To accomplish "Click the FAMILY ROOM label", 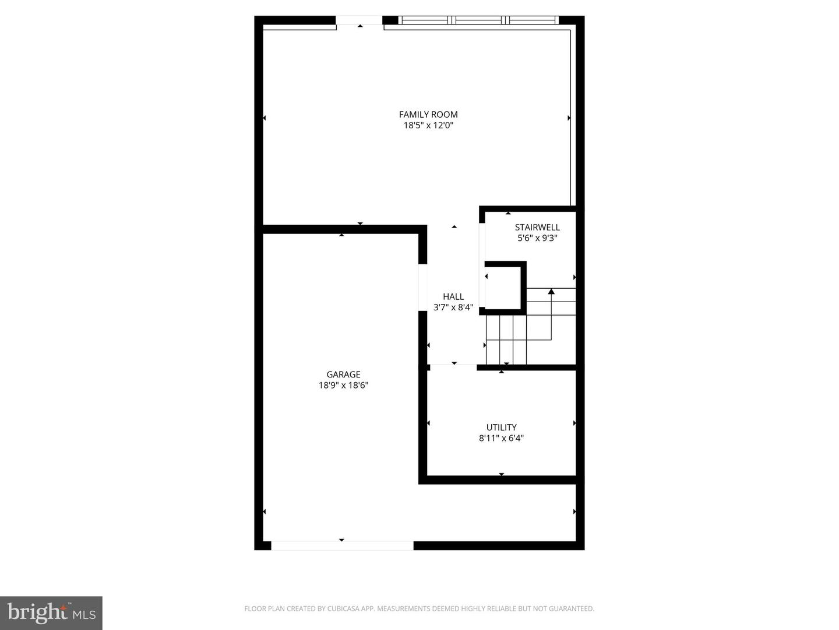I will pyautogui.click(x=428, y=114).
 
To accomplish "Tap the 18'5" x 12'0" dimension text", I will pyautogui.click(x=428, y=125).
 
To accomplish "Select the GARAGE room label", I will pyautogui.click(x=343, y=374).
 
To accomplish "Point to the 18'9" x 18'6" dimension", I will pyautogui.click(x=343, y=386).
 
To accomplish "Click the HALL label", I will pyautogui.click(x=453, y=296).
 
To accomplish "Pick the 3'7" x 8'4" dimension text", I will pyautogui.click(x=453, y=307).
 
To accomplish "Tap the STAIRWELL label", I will pyautogui.click(x=537, y=227).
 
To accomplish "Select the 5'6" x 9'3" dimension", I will pyautogui.click(x=537, y=238).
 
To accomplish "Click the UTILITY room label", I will pyautogui.click(x=501, y=427).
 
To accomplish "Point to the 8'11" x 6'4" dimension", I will pyautogui.click(x=501, y=438).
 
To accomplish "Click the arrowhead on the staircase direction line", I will pyautogui.click(x=551, y=291).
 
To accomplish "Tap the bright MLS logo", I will pyautogui.click(x=51, y=612).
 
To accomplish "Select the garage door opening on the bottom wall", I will pyautogui.click(x=342, y=545).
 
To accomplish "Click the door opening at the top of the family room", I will pyautogui.click(x=359, y=20).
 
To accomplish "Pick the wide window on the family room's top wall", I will pyautogui.click(x=478, y=20).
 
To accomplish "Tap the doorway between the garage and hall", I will pyautogui.click(x=423, y=288).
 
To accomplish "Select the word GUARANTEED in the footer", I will pyautogui.click(x=572, y=608).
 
